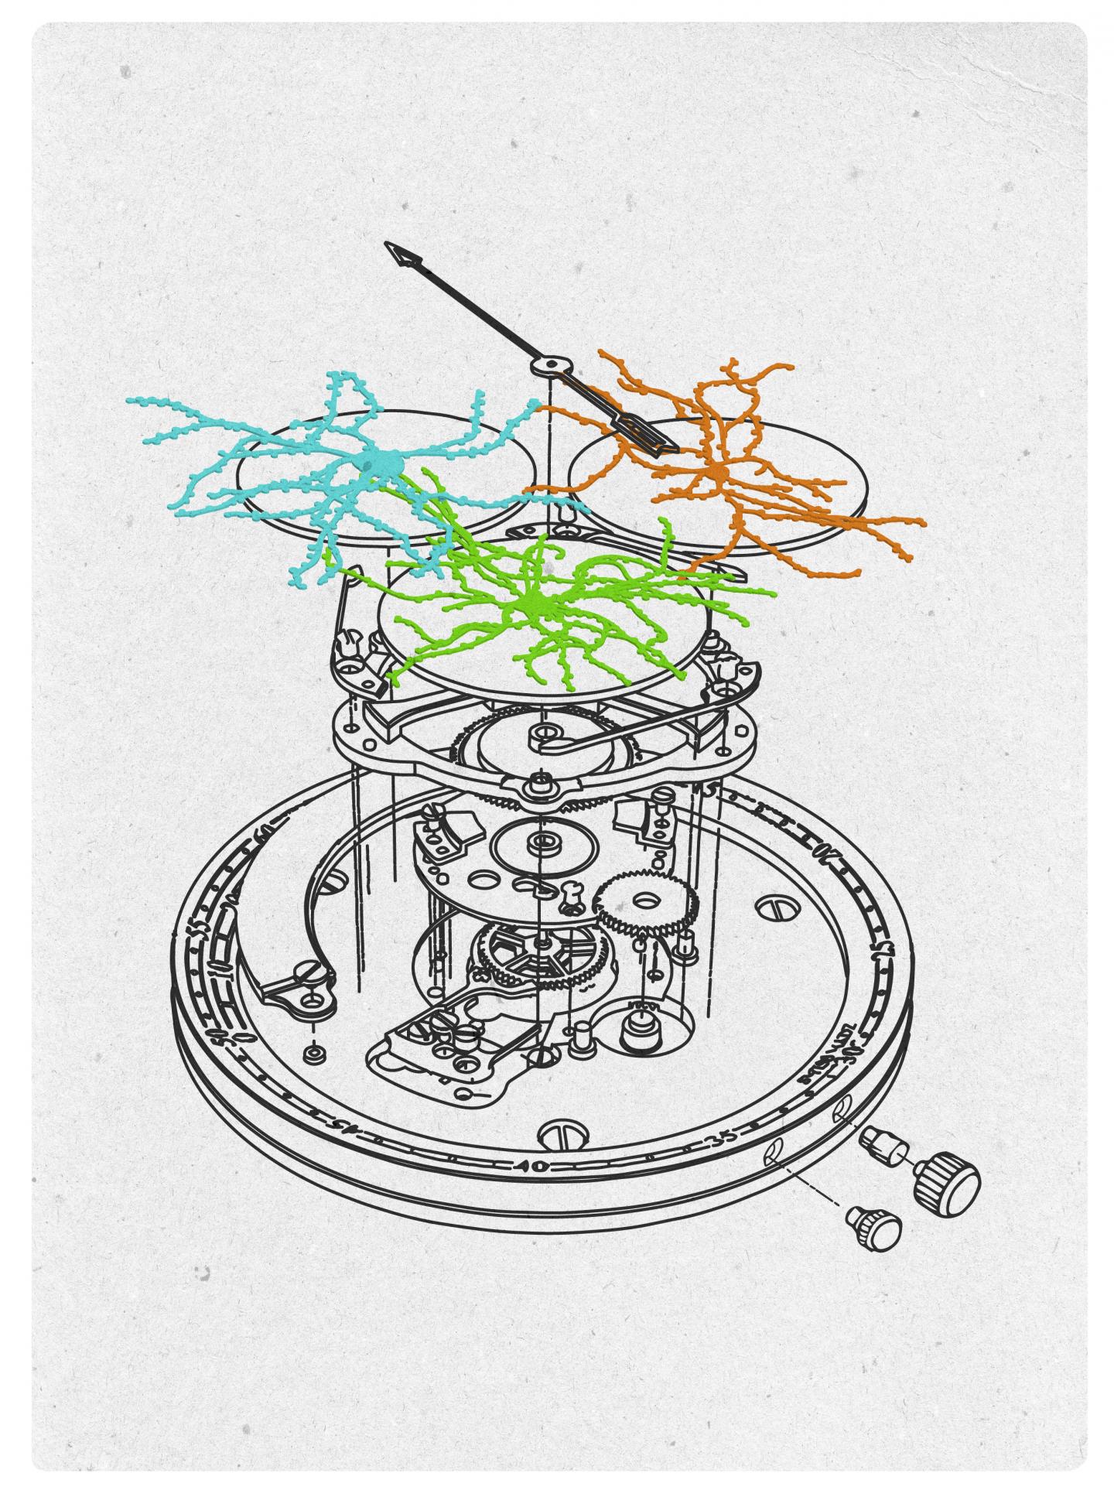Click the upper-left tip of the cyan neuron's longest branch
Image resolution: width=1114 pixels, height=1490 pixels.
[131, 401]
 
